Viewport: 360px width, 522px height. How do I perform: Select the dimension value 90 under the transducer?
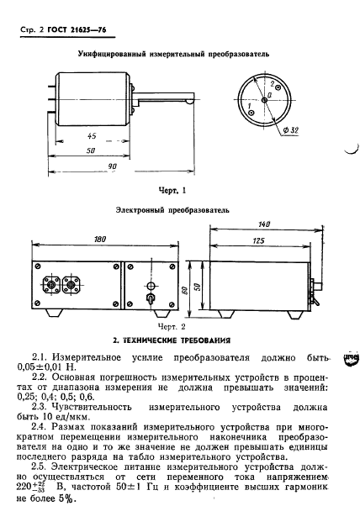pos(112,166)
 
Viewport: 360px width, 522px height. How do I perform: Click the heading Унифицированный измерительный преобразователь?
pos(173,52)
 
